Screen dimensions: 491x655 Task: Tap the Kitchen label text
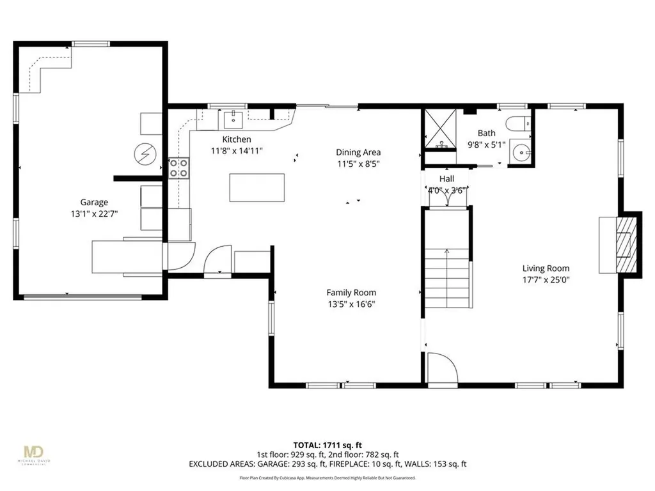pos(237,139)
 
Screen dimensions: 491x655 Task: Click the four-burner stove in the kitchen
pos(178,168)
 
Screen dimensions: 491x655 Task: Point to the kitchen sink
pos(233,119)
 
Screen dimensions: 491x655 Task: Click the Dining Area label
pos(358,152)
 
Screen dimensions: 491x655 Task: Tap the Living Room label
pos(546,269)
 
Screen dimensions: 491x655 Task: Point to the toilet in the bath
pos(517,123)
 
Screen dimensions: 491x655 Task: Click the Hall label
pos(446,178)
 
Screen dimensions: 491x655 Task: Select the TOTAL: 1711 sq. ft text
pos(327,444)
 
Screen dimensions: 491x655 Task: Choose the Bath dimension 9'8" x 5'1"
pos(487,145)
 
